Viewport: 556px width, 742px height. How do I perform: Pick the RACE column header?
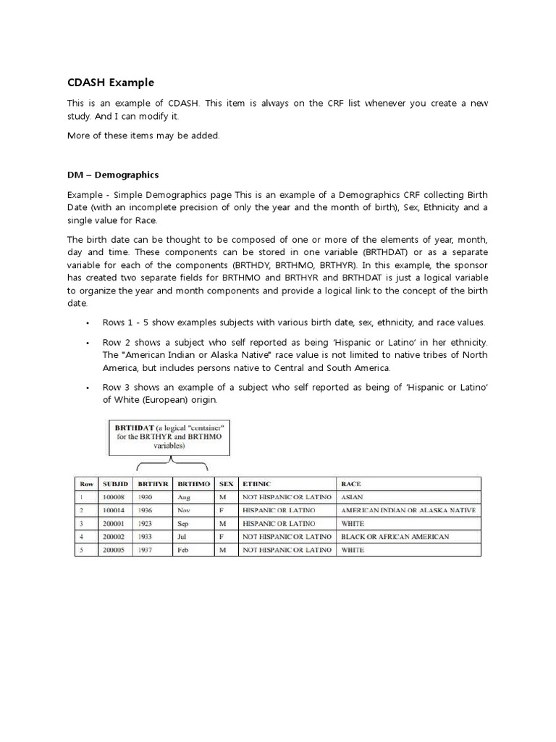coord(351,483)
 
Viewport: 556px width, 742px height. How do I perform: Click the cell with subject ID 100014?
coord(114,510)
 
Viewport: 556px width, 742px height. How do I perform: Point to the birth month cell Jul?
coord(182,536)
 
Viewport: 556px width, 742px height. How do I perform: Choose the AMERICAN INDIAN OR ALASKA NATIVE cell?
coord(408,510)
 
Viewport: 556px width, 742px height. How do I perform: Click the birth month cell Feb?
coord(182,550)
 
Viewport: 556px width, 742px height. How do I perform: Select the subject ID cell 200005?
coord(114,550)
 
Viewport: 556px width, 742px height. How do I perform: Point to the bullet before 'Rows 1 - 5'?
coord(87,323)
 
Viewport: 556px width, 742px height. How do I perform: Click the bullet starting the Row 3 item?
coord(87,388)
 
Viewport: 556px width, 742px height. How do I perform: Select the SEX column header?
coord(225,483)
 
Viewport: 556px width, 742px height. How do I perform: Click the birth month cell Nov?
coord(182,510)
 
